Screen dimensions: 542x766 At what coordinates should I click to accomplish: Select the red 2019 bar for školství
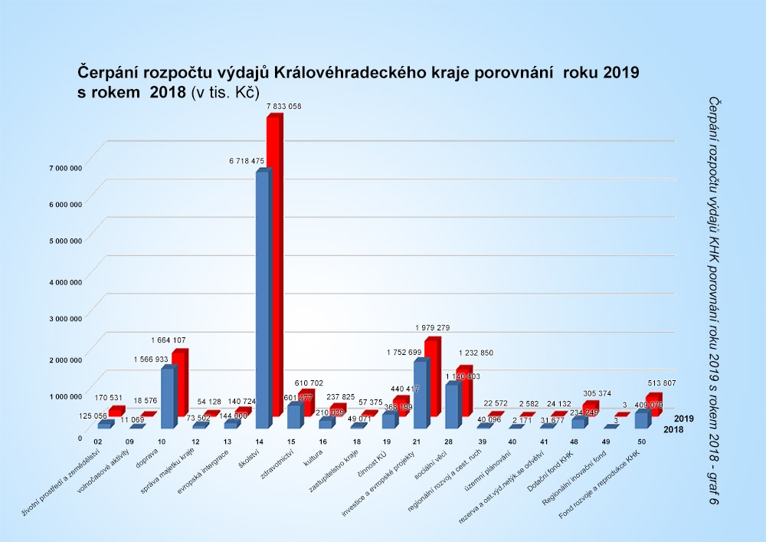coord(273,261)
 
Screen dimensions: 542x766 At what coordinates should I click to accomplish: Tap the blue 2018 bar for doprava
coord(167,399)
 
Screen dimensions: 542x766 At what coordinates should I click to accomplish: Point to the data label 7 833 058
coord(283,107)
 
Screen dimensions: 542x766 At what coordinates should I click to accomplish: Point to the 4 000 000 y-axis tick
coord(64,282)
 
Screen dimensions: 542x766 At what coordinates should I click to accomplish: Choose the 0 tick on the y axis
coord(80,438)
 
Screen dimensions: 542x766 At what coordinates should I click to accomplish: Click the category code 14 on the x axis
coord(260,442)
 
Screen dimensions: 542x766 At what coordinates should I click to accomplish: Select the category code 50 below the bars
coord(641,442)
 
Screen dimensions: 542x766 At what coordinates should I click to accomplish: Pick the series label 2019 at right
coord(684,419)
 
